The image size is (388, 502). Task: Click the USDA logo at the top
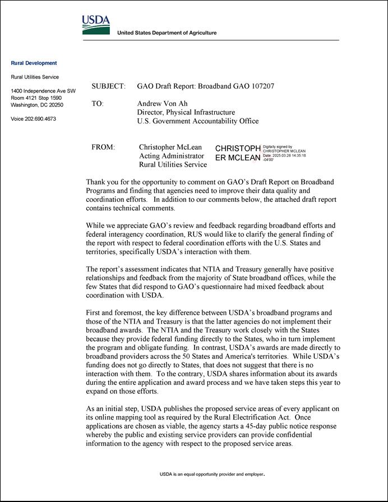click(96, 25)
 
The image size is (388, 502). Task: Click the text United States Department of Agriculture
click(167, 33)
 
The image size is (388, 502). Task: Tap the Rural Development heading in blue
click(34, 63)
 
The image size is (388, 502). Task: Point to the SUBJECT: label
click(108, 86)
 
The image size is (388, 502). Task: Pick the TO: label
click(98, 104)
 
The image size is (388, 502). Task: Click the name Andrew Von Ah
click(162, 104)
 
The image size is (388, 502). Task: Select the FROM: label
click(103, 148)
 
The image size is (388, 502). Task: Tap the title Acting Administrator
click(172, 156)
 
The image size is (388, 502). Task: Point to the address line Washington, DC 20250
click(37, 105)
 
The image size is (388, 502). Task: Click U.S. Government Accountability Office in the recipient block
click(198, 121)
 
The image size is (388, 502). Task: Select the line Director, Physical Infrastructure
click(186, 113)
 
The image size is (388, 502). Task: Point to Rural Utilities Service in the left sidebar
click(35, 77)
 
